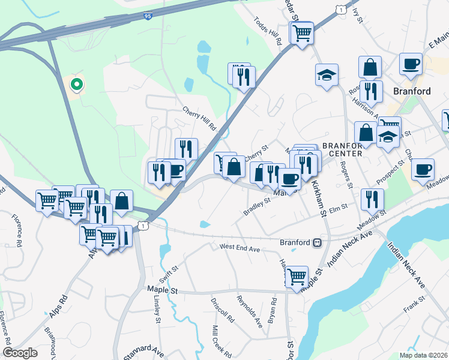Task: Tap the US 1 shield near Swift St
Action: tap(142, 225)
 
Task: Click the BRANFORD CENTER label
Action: tap(342, 149)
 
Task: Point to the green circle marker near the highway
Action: tap(76, 85)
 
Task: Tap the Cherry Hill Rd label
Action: tap(199, 119)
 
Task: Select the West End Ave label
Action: tap(239, 247)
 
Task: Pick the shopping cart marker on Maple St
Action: tap(297, 277)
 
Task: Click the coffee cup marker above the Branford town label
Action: tap(411, 64)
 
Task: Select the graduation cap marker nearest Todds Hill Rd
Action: tap(327, 74)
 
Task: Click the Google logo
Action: tap(20, 353)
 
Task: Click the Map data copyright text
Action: tap(423, 355)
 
